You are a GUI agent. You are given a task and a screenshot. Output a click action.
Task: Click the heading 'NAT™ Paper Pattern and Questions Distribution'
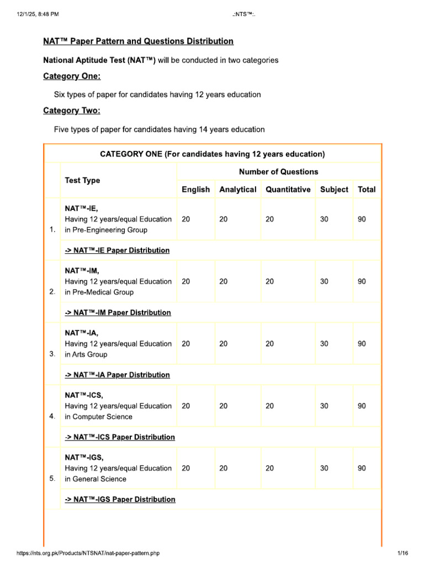point(138,41)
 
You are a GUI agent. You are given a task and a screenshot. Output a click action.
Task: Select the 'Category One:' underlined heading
point(72,76)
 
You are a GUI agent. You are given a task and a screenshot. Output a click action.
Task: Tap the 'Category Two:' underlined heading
point(72,111)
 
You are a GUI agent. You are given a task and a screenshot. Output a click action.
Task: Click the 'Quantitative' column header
point(288,190)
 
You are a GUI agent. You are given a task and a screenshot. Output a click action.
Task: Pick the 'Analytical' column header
point(237,190)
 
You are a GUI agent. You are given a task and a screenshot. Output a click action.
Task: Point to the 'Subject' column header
point(334,190)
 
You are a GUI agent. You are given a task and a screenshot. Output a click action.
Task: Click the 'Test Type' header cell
point(82,180)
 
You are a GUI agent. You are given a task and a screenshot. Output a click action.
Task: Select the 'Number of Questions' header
point(278,172)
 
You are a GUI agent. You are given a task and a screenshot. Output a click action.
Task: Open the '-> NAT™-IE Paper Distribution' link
point(117,250)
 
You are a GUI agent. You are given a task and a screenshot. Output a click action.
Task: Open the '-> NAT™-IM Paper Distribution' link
point(118,313)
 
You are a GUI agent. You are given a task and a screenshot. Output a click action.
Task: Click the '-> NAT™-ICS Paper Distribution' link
point(120,437)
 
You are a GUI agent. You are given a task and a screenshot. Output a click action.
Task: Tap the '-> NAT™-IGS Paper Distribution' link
point(120,500)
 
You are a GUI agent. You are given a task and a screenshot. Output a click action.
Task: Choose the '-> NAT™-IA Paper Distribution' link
point(117,375)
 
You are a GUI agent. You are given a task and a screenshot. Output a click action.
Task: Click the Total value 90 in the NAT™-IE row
point(362,219)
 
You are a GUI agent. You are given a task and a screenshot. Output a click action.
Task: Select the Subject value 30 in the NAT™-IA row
point(324,344)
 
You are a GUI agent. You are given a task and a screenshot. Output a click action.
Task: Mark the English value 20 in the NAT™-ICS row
point(185,406)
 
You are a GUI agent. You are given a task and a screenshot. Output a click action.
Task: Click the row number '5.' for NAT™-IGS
point(52,479)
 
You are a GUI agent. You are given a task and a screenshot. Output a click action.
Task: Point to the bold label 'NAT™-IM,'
point(82,271)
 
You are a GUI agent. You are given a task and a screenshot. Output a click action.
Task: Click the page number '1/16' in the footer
point(402,553)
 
